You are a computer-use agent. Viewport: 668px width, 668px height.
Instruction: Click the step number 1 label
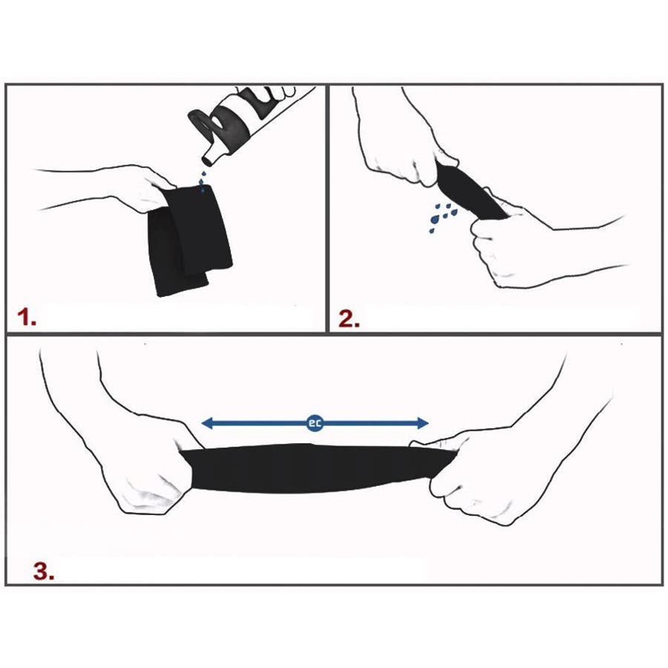27,318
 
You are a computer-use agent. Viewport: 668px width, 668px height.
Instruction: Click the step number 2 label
349,318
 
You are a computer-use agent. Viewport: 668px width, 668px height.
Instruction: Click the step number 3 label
44,571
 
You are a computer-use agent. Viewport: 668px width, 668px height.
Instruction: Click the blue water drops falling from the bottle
203,181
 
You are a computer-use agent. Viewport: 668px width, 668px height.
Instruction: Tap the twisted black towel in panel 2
471,191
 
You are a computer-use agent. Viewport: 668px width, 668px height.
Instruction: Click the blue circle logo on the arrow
315,424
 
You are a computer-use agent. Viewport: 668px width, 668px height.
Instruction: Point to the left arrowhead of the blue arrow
207,424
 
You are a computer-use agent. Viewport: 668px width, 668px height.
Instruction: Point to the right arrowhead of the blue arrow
422,424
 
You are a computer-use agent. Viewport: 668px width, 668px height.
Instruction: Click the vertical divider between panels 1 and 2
327,209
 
